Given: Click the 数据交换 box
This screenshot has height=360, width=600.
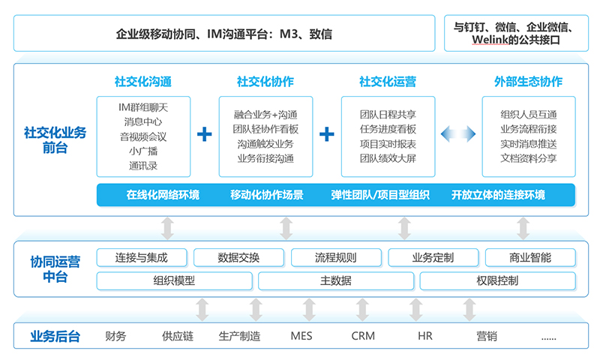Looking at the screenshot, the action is coord(238,257).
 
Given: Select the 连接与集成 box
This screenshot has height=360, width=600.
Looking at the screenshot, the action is coord(142,257).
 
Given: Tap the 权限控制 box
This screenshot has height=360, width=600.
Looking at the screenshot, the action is coord(497,280).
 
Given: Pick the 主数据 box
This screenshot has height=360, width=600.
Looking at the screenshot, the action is coord(336,280).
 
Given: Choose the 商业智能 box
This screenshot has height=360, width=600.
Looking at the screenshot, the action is coord(530,257).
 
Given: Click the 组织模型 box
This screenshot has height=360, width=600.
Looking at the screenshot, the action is coord(175,280).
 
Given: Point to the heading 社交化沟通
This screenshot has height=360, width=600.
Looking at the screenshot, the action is coord(143,82).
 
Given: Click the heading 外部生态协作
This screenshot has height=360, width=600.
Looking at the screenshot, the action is coord(529,82).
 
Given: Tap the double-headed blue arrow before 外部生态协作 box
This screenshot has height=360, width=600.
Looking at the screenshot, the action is coord(458,134).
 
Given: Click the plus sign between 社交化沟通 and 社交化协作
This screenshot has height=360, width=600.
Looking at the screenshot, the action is coord(204,134).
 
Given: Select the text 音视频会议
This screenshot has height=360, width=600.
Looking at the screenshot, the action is coord(143,136).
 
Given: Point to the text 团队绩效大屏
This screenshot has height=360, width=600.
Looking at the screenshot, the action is coord(388,158).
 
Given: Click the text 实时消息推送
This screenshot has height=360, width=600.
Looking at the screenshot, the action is coord(529,144).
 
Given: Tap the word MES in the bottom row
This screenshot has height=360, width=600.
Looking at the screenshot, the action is coord(301,336).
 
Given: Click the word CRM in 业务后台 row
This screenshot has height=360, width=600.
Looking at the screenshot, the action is coord(363,336).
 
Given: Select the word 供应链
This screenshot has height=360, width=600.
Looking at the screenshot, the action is coord(178,336).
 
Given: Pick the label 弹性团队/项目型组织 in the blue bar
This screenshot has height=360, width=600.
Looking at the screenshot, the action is coord(380,195).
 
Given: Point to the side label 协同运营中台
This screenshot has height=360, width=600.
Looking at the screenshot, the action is coord(55,269).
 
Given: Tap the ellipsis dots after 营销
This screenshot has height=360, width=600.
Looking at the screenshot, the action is coord(549,338).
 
